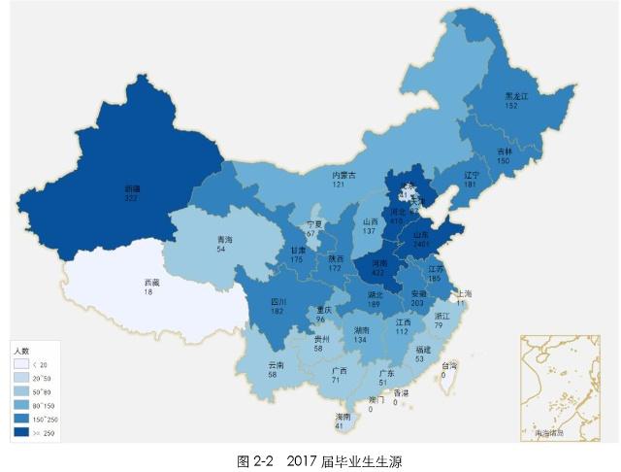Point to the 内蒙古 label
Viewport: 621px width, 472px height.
click(343, 175)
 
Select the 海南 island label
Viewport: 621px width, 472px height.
click(341, 417)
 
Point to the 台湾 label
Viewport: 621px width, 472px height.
click(449, 366)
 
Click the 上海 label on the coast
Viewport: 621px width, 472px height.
click(463, 293)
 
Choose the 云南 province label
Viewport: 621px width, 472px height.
click(277, 365)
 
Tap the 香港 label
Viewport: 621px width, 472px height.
click(400, 392)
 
